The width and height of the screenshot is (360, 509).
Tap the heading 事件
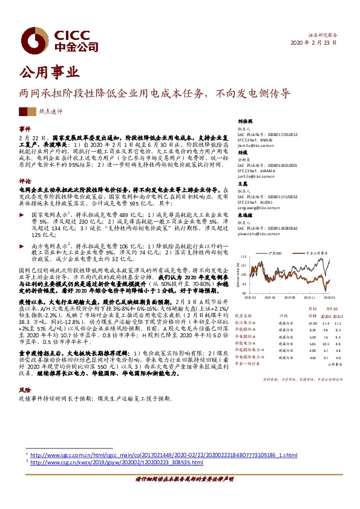point(24,129)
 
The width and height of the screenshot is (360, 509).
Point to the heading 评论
point(24,181)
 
